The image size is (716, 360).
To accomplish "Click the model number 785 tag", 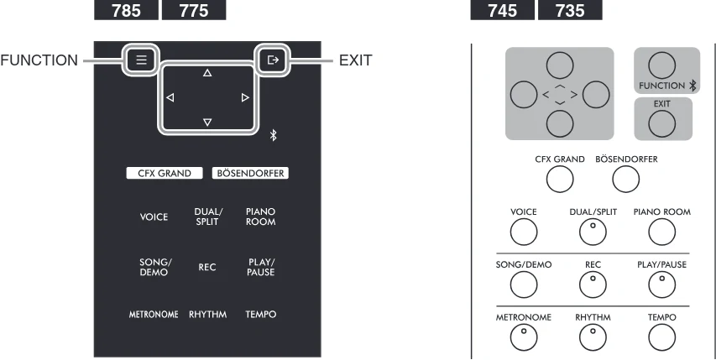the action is pyautogui.click(x=126, y=9).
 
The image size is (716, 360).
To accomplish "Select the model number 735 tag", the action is pyautogui.click(x=570, y=9).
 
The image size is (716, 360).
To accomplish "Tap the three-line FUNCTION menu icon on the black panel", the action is pyautogui.click(x=141, y=60).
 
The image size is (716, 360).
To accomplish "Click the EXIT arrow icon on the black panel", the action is pyautogui.click(x=273, y=60).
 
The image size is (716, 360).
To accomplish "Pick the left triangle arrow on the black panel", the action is pyautogui.click(x=170, y=97).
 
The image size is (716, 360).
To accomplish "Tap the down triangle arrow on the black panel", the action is pyautogui.click(x=207, y=122).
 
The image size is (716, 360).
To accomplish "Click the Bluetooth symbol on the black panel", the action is pyautogui.click(x=273, y=135).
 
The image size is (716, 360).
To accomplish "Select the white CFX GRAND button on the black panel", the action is pyautogui.click(x=165, y=174).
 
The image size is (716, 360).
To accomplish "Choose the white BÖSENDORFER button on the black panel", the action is pyautogui.click(x=250, y=174).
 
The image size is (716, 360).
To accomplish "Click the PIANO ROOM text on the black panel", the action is pyautogui.click(x=261, y=217).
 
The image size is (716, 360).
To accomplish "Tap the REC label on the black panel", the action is pyautogui.click(x=206, y=268).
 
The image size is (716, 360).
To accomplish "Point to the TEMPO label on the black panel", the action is pyautogui.click(x=261, y=315).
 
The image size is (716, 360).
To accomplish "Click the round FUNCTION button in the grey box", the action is pyautogui.click(x=661, y=65).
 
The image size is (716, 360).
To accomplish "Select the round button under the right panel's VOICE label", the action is pyautogui.click(x=524, y=232).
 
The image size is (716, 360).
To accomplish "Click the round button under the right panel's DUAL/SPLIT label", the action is pyautogui.click(x=593, y=232).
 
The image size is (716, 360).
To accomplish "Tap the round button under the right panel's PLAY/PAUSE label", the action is pyautogui.click(x=661, y=284).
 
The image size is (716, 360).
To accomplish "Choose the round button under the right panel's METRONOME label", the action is pyautogui.click(x=524, y=337).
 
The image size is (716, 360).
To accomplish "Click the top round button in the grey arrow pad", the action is pyautogui.click(x=560, y=65).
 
